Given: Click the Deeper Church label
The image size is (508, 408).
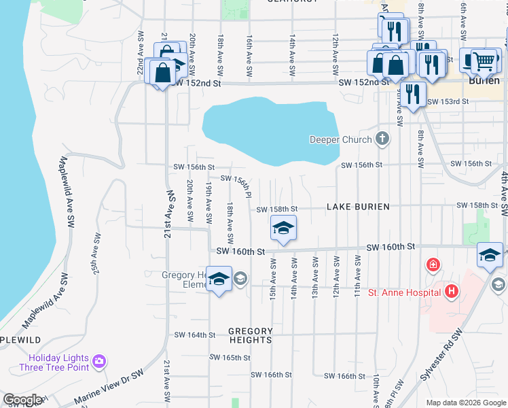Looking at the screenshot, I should [x=340, y=139].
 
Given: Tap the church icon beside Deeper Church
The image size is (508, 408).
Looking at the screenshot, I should [x=382, y=139].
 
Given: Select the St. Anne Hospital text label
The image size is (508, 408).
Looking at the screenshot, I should [x=405, y=292].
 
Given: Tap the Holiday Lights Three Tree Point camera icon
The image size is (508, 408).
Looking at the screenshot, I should [x=100, y=360].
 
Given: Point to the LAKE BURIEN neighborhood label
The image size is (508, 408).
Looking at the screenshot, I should [x=358, y=207].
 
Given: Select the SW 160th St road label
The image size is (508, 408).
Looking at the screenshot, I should [x=240, y=252].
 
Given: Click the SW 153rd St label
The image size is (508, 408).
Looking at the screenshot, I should [x=448, y=102].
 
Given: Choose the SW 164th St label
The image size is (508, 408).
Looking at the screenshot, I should [x=194, y=335].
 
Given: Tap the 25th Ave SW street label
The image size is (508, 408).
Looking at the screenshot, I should [x=96, y=254].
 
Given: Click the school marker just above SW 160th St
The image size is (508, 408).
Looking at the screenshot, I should [x=283, y=228].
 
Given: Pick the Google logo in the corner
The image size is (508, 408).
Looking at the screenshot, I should [x=22, y=400].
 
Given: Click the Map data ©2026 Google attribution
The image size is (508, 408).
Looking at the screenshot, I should [x=465, y=403].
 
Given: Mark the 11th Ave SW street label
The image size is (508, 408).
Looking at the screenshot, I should [x=357, y=272].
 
